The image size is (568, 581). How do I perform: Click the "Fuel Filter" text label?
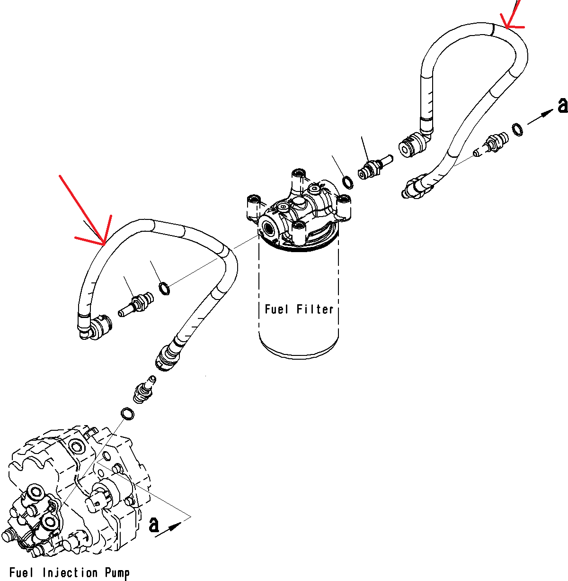(299, 309)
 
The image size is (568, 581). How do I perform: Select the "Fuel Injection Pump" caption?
(69, 573)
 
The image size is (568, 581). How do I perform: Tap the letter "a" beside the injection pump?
(154, 525)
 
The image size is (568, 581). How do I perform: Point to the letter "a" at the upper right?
(562, 105)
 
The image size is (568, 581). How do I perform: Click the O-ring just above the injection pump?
(127, 414)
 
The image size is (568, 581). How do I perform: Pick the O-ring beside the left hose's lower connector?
(164, 288)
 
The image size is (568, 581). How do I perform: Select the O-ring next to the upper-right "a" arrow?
(518, 129)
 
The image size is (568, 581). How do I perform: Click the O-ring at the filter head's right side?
(348, 182)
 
